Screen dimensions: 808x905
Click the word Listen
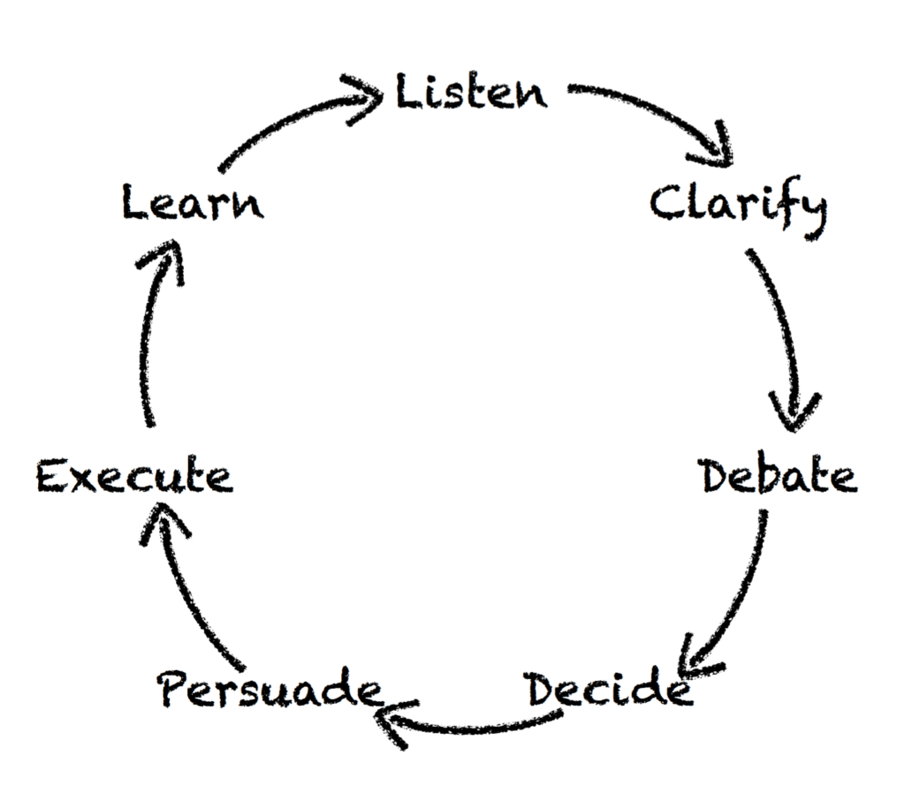(x=470, y=93)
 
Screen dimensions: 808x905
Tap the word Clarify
(x=738, y=207)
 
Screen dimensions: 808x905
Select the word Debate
(x=778, y=477)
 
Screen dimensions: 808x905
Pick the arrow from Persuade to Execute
(x=190, y=592)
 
